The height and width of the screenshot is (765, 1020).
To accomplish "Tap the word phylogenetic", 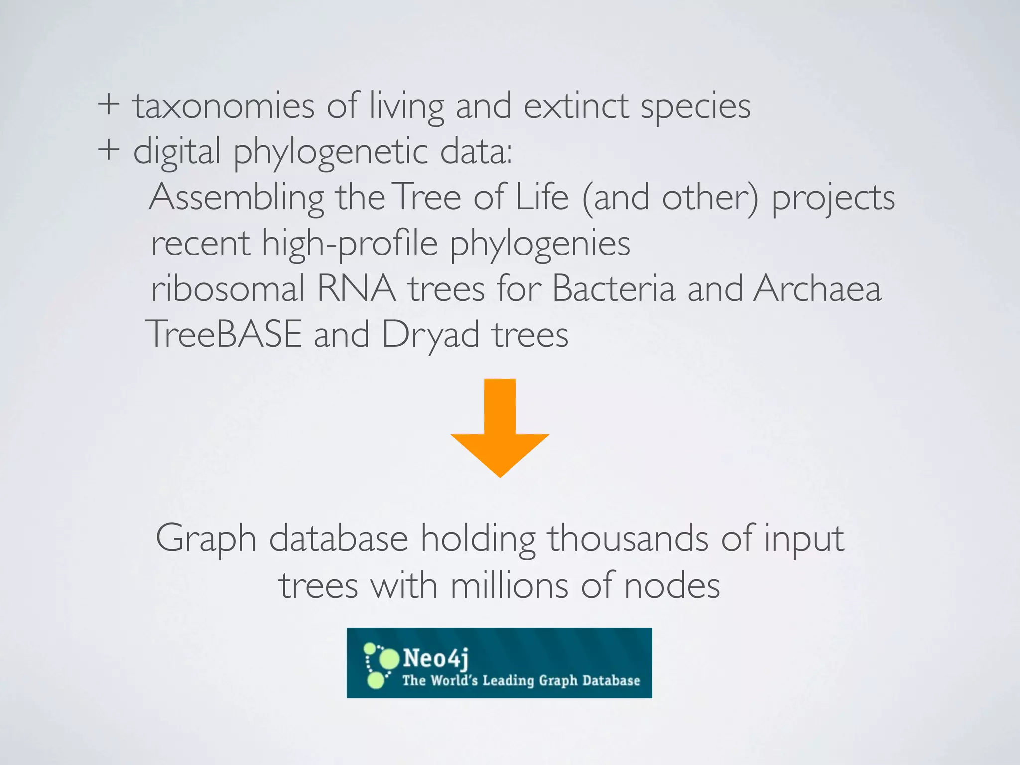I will coord(331,152).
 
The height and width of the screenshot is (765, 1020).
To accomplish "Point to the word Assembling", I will coord(237,198).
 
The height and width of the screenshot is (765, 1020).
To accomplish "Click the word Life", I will coord(542,197).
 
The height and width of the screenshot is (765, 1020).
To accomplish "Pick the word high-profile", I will coord(350,244).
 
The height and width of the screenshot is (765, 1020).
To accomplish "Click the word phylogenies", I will coord(540,244).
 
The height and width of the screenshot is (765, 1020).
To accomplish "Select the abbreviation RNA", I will coord(357,289).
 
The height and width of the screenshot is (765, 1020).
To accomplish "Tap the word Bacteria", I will coord(614,289).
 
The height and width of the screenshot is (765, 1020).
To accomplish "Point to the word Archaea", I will coord(817,289).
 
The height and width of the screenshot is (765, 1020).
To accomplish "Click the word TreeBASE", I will coord(224,334).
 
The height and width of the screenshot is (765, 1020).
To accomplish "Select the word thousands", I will coord(628,539).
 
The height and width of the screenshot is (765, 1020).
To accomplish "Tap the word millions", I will coord(509,585).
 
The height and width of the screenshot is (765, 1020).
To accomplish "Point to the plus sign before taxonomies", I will coord(109,106).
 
